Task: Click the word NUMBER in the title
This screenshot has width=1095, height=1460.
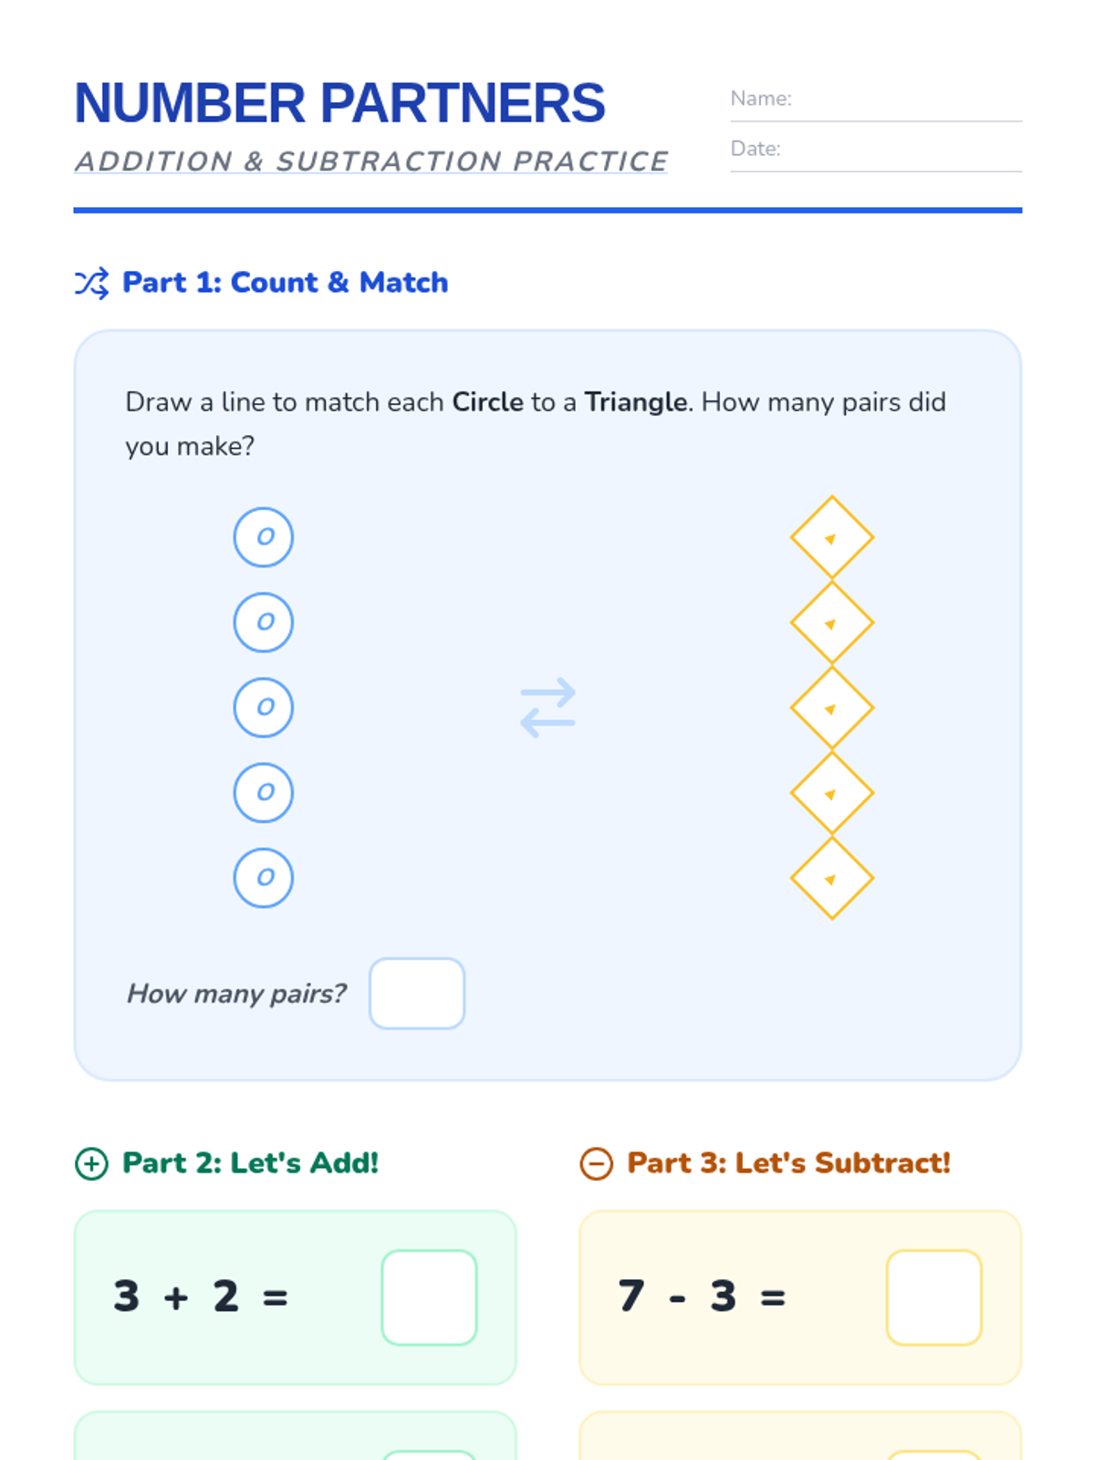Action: [x=190, y=103]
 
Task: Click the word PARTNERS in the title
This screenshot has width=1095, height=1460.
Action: [x=463, y=103]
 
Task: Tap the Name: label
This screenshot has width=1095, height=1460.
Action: [x=761, y=99]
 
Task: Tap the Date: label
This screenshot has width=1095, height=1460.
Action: [x=756, y=149]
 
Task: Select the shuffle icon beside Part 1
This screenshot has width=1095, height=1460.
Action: [x=92, y=284]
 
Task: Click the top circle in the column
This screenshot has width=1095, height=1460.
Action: [x=264, y=537]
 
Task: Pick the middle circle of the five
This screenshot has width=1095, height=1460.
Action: [x=264, y=707]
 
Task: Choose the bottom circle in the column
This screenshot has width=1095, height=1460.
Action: [x=264, y=877]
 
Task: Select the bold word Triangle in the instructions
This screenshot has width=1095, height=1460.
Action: [x=636, y=402]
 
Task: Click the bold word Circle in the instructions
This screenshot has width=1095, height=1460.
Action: [x=487, y=402]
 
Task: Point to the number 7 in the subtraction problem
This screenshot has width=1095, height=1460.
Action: [x=631, y=1296]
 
